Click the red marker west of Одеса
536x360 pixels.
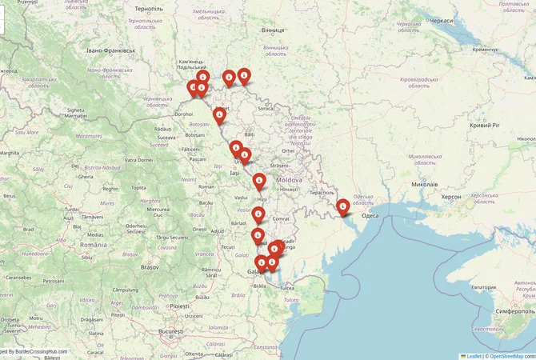click(343, 207)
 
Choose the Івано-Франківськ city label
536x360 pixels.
click(111, 50)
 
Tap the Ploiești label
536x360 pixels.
click(179, 306)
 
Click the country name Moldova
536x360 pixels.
click(289, 180)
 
